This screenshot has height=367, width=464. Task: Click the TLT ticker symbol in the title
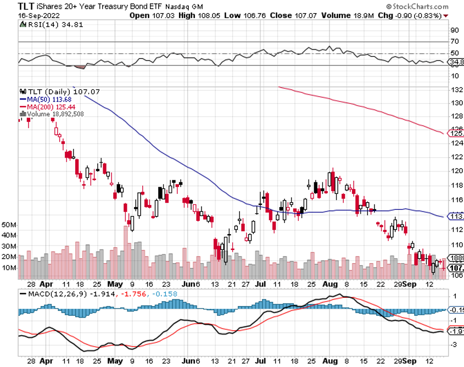[12, 6]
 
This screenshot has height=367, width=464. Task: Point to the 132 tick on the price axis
[455, 90]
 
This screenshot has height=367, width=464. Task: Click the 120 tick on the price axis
[455, 170]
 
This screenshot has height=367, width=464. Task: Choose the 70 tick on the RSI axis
[454, 42]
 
